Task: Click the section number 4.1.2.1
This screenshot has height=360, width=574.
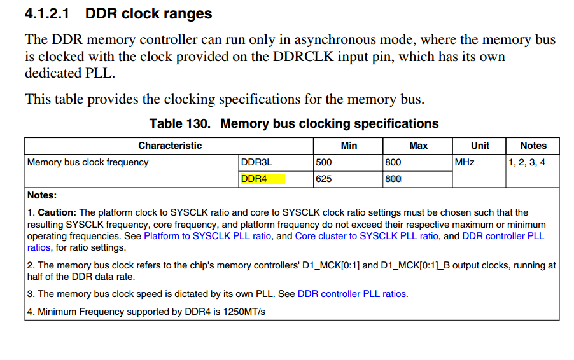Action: click(x=47, y=13)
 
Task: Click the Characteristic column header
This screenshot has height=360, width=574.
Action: click(x=170, y=146)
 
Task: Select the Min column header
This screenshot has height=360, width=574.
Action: click(x=349, y=146)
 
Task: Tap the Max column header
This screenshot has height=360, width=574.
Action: click(x=419, y=146)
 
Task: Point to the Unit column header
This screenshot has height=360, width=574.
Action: click(x=480, y=146)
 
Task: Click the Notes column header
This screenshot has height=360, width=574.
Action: click(x=533, y=146)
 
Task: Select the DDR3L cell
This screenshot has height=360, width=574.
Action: click(x=256, y=162)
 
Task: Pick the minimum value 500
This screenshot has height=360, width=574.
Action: click(x=324, y=162)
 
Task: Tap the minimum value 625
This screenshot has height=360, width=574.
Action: click(x=324, y=179)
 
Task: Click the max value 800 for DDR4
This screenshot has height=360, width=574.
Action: click(x=393, y=179)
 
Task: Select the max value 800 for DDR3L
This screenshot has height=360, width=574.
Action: click(x=393, y=162)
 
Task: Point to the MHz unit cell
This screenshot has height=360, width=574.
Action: click(x=465, y=162)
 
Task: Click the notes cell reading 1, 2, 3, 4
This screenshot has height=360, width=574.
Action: click(x=527, y=162)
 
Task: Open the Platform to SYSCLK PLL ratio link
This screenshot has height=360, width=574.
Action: click(x=207, y=236)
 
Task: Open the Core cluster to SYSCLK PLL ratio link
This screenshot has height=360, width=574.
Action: click(x=367, y=236)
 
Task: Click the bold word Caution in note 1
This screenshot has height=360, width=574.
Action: click(x=57, y=212)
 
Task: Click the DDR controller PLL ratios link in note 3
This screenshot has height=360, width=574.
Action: click(x=352, y=294)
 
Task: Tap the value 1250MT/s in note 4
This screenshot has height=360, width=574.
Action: click(x=244, y=312)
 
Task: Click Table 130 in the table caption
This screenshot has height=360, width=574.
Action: click(x=179, y=123)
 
